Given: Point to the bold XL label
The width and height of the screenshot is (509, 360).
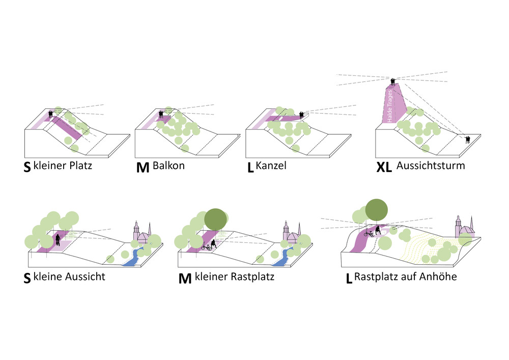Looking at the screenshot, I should click(x=384, y=168).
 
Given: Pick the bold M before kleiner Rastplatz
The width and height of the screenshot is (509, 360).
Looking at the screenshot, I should click(x=185, y=279).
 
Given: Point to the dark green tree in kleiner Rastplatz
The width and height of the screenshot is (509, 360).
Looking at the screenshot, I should click(x=215, y=218).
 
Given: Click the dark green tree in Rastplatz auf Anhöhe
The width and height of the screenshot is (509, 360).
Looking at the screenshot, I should click(x=376, y=209).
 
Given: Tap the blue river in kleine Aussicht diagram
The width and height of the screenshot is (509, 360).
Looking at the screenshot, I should click(x=134, y=258).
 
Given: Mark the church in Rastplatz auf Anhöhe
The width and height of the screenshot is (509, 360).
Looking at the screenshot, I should click(x=464, y=228).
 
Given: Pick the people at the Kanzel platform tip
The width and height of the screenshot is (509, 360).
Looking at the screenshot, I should click(x=302, y=115).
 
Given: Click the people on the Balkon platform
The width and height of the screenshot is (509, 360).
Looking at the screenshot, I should click(x=161, y=115).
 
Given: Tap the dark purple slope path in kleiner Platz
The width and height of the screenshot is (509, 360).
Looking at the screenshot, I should click(x=68, y=128).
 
